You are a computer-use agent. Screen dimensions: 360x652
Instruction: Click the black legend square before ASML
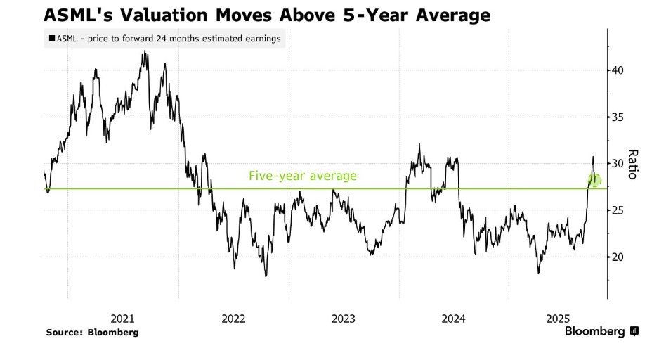tap(52, 39)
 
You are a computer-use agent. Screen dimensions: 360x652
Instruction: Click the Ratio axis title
tap(632, 165)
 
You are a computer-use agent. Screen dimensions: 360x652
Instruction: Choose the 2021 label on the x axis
tap(123, 319)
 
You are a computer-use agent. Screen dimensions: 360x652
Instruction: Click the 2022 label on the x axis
tap(233, 319)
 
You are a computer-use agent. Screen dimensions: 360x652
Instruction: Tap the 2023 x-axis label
tap(344, 319)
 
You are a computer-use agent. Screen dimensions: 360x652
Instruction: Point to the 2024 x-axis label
tap(454, 319)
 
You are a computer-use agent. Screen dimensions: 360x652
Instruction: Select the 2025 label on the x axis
tap(563, 319)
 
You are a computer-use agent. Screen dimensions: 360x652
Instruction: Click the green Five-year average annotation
tap(303, 176)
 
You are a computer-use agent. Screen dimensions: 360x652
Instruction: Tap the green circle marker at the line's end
tap(594, 181)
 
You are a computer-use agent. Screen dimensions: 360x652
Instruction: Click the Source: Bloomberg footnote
tap(92, 332)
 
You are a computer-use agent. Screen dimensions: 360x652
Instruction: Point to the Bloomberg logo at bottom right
tap(601, 331)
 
